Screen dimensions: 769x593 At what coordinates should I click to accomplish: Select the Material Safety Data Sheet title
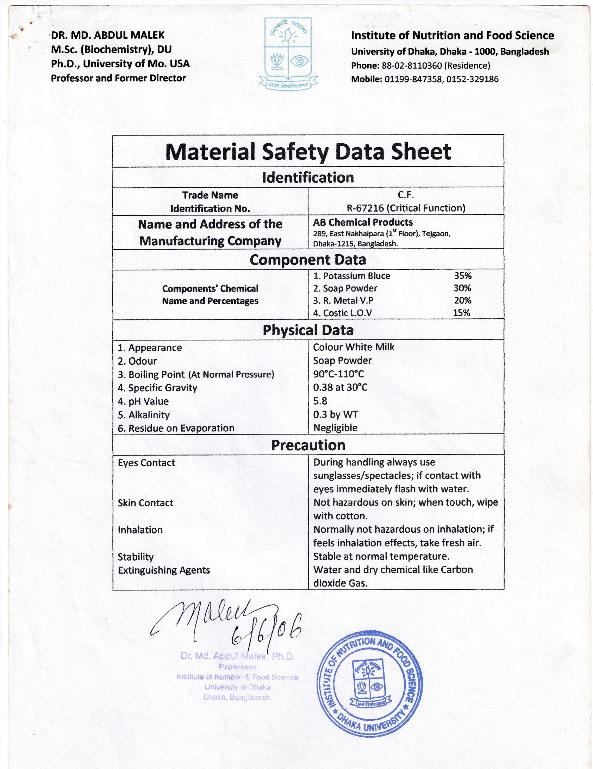[308, 152]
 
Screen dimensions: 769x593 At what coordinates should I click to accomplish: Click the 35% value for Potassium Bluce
[462, 276]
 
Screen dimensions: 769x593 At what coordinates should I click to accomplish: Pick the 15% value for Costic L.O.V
[461, 313]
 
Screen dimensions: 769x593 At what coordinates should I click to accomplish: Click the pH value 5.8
[320, 401]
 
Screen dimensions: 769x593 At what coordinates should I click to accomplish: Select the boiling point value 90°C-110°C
[338, 374]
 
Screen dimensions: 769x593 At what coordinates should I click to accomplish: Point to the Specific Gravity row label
[157, 388]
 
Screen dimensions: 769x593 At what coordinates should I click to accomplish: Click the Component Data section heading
[308, 260]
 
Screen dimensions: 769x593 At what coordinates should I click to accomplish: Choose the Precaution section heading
[308, 445]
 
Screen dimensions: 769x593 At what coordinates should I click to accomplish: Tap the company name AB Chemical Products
[363, 222]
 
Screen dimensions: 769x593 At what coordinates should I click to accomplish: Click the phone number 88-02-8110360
[411, 65]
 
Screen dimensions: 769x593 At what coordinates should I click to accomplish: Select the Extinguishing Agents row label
[164, 570]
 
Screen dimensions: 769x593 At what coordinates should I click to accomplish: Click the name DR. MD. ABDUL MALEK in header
[108, 35]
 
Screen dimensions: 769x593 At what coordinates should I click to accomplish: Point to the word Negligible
[335, 428]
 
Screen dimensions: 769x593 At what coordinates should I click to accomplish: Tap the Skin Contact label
[145, 503]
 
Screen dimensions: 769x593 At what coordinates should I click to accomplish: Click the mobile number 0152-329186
[473, 79]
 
